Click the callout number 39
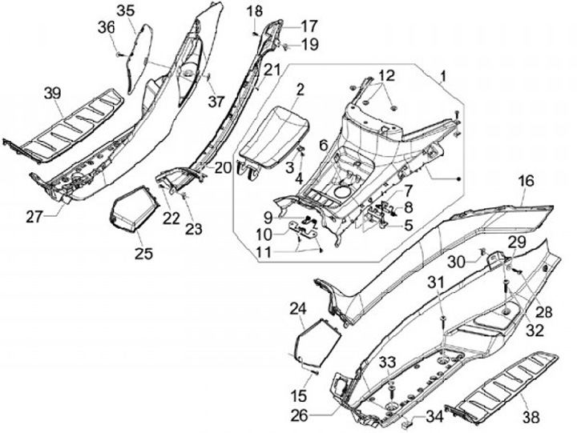coord(52,94)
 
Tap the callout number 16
coord(525,182)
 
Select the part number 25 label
coord(143,254)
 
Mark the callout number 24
coord(297,309)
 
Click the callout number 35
coord(126,10)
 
